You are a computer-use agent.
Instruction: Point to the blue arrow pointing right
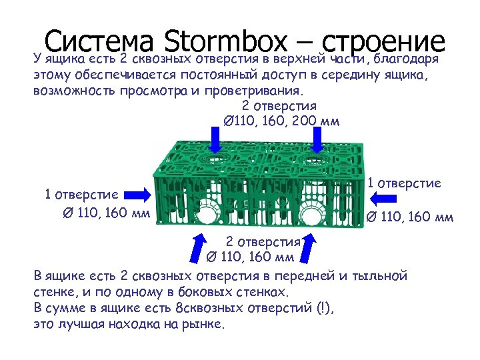pyautogui.click(x=138, y=194)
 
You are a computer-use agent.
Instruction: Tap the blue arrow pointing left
pyautogui.click(x=382, y=197)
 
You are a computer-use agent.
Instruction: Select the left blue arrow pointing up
pyautogui.click(x=198, y=248)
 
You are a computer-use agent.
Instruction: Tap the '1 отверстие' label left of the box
pyautogui.click(x=81, y=194)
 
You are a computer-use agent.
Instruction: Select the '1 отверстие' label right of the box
pyautogui.click(x=406, y=183)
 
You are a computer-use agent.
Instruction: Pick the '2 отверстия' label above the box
pyautogui.click(x=279, y=105)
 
